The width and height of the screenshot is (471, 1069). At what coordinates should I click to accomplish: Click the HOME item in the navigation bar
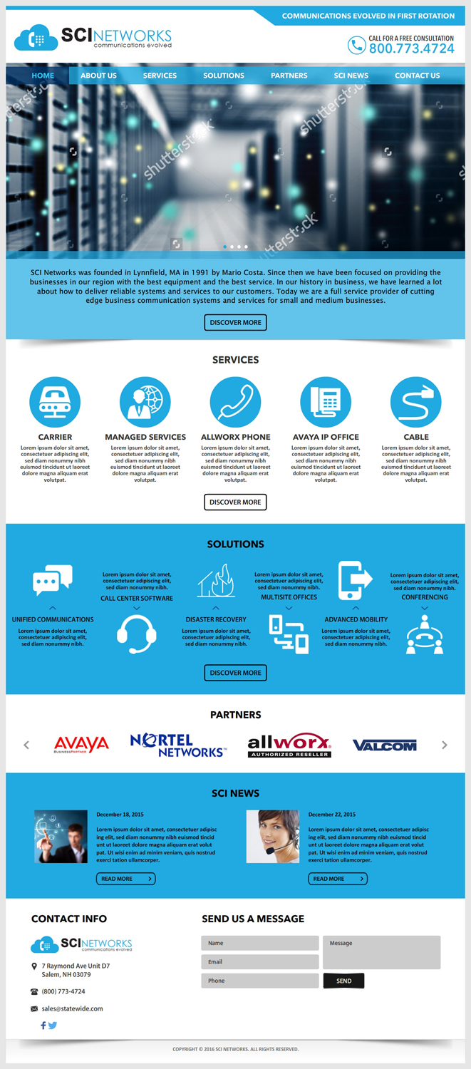point(43,76)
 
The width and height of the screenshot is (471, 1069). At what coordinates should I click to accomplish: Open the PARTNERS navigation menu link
point(289,76)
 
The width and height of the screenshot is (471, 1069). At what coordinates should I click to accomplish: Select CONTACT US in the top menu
point(417,76)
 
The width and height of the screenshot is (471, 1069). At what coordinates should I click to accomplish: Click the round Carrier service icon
point(55,403)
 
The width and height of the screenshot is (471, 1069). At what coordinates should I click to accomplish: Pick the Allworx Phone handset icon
point(236,403)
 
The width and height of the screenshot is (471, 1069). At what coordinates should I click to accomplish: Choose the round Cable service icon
point(416,403)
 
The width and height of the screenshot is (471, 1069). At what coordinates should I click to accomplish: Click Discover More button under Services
point(235,502)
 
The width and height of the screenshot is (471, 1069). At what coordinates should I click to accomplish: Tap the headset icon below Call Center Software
point(137,634)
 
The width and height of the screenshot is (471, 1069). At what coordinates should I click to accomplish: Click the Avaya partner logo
point(82,745)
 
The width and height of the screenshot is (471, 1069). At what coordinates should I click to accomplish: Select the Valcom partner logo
point(385,745)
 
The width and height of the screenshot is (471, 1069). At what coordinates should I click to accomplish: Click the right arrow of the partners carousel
point(445,745)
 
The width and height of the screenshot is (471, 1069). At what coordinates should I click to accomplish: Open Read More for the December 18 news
point(125,879)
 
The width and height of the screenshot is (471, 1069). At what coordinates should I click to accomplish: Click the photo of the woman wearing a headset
point(273,837)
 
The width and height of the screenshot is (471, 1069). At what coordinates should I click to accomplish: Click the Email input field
point(259,962)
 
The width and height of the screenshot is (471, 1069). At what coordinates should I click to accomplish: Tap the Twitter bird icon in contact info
point(53,1026)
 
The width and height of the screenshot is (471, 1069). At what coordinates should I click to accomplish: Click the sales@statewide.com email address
point(72,1008)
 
